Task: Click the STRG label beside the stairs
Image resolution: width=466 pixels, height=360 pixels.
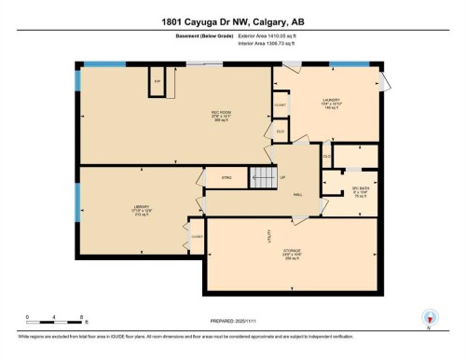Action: [x=226, y=177]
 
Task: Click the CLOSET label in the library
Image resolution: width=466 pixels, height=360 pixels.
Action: [x=197, y=238]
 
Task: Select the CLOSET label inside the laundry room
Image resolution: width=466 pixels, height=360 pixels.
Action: [x=280, y=105]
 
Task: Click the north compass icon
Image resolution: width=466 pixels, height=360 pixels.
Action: [x=430, y=317]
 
